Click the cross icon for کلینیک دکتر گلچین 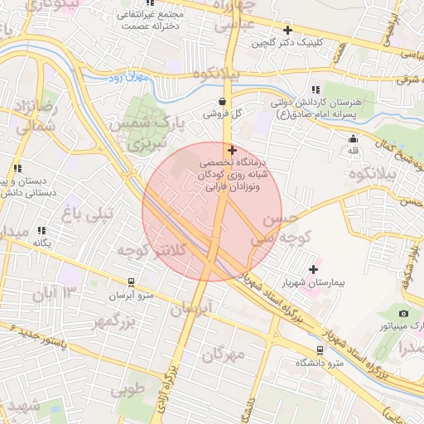[x=287, y=30]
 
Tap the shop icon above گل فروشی [x=223, y=102]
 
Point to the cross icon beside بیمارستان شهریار [x=313, y=268]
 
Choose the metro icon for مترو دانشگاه [x=320, y=349]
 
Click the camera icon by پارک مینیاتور [x=403, y=313]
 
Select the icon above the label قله [x=354, y=138]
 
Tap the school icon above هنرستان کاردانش [x=316, y=89]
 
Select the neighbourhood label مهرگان [x=223, y=354]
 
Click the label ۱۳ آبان [x=54, y=292]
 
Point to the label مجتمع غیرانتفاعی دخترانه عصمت [x=161, y=20]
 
